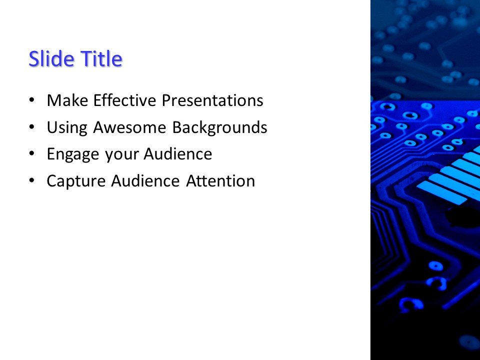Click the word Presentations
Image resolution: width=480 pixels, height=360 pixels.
point(212,101)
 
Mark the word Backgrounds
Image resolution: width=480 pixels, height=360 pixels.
point(219,128)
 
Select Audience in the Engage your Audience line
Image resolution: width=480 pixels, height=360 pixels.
point(178,154)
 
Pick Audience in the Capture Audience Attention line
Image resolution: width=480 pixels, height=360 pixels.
point(145,181)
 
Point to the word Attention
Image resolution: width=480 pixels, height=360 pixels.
point(220,181)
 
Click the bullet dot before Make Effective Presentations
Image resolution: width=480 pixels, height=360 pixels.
point(32,100)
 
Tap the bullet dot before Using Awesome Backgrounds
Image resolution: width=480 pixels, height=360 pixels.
point(32,127)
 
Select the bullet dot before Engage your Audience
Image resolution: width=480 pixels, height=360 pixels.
point(32,154)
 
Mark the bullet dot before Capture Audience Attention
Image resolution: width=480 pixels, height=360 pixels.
point(32,180)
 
